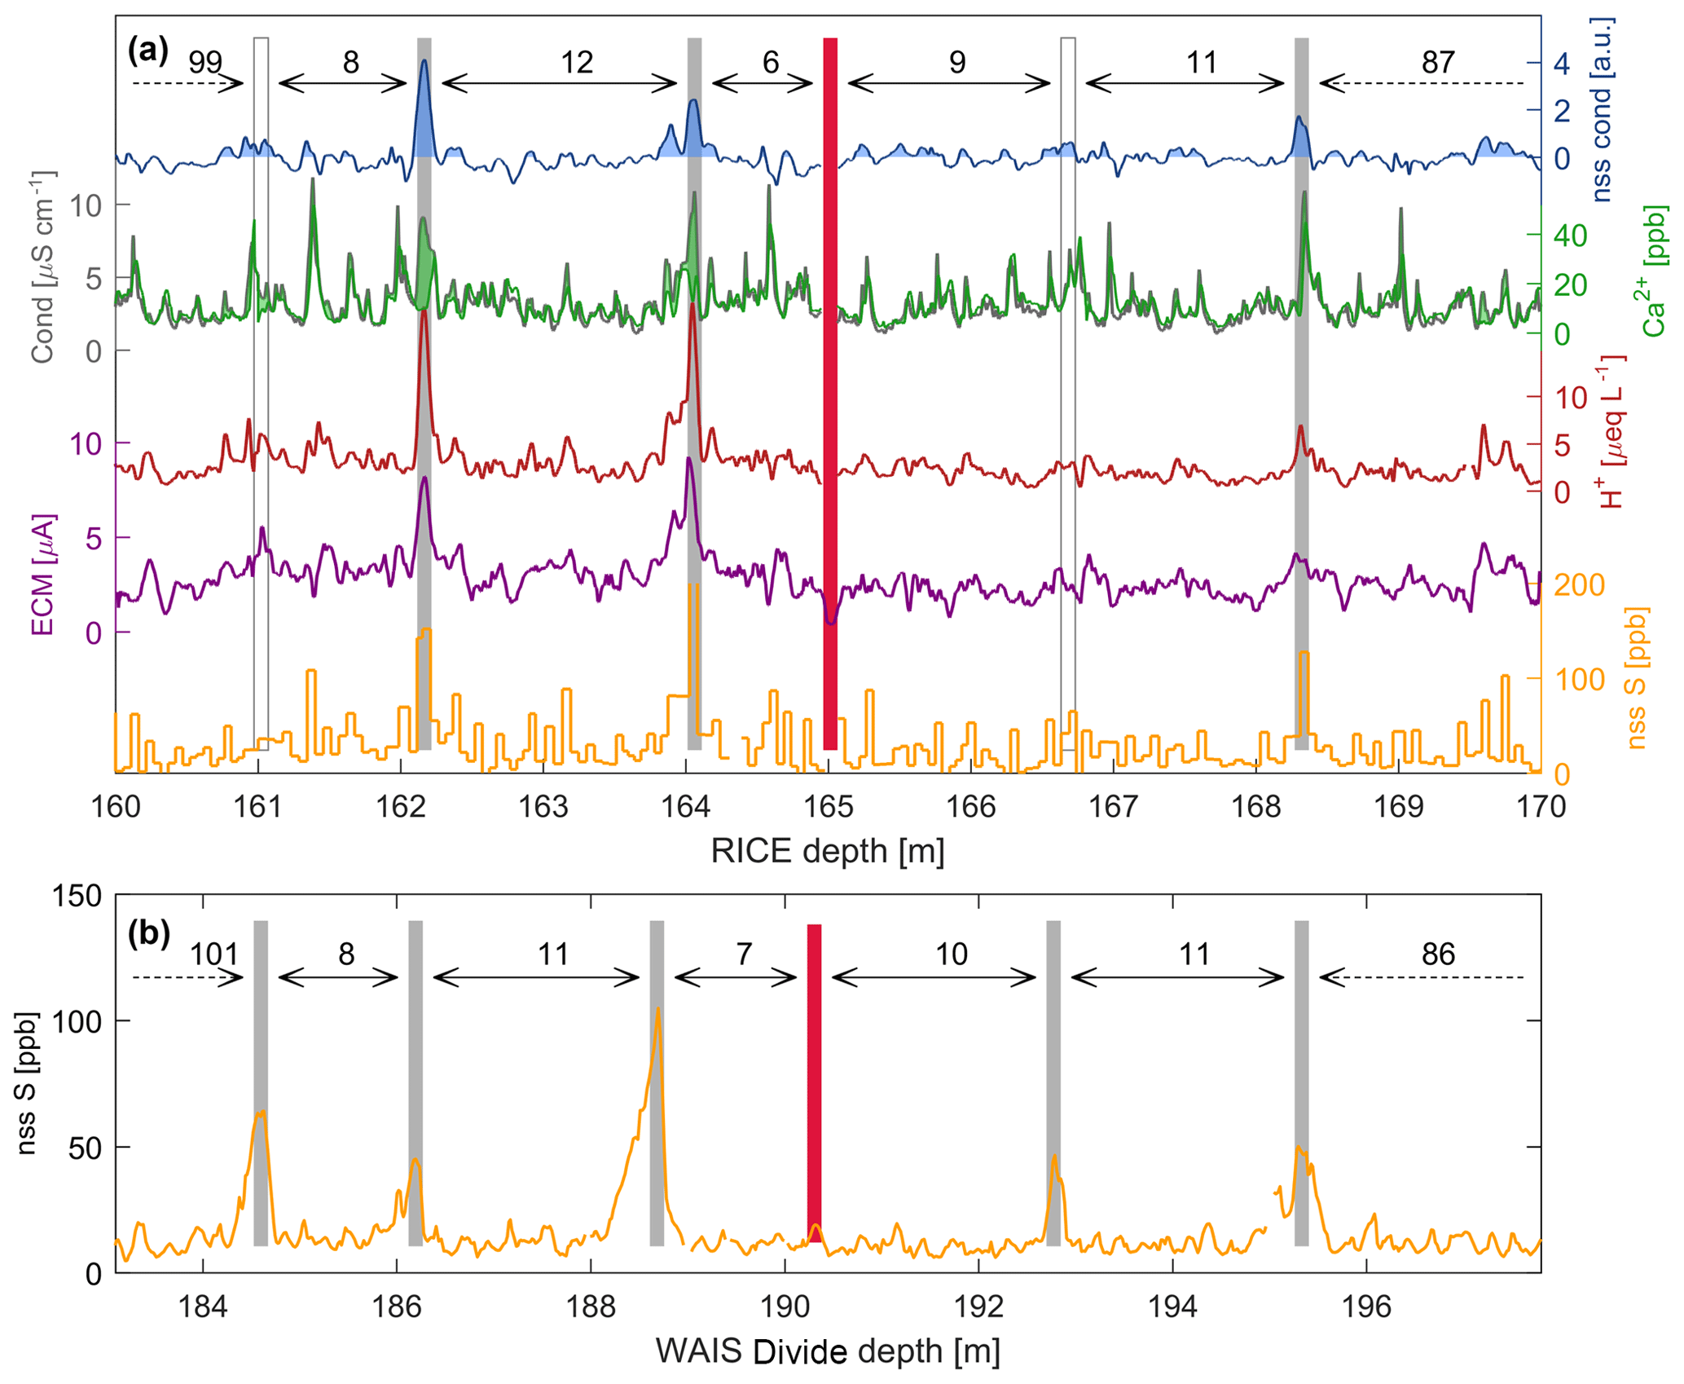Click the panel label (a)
coord(147,52)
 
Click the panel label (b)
coord(148,933)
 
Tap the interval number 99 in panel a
coord(204,62)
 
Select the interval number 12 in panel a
coord(576,62)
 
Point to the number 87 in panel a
coord(1437,62)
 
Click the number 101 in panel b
coord(213,954)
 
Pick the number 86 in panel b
coord(1437,954)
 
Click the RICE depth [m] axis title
coord(827,852)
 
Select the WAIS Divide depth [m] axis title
coord(827,1351)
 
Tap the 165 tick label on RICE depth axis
coord(828,807)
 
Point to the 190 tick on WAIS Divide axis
coord(784,1307)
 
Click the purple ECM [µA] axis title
coord(42,575)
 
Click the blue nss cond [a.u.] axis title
coord(1603,110)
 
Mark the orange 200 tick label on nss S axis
coord(1579,585)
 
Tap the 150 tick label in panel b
coord(77,897)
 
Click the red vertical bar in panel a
coord(829,391)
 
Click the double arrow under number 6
coord(762,83)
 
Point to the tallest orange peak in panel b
coord(657,1011)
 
